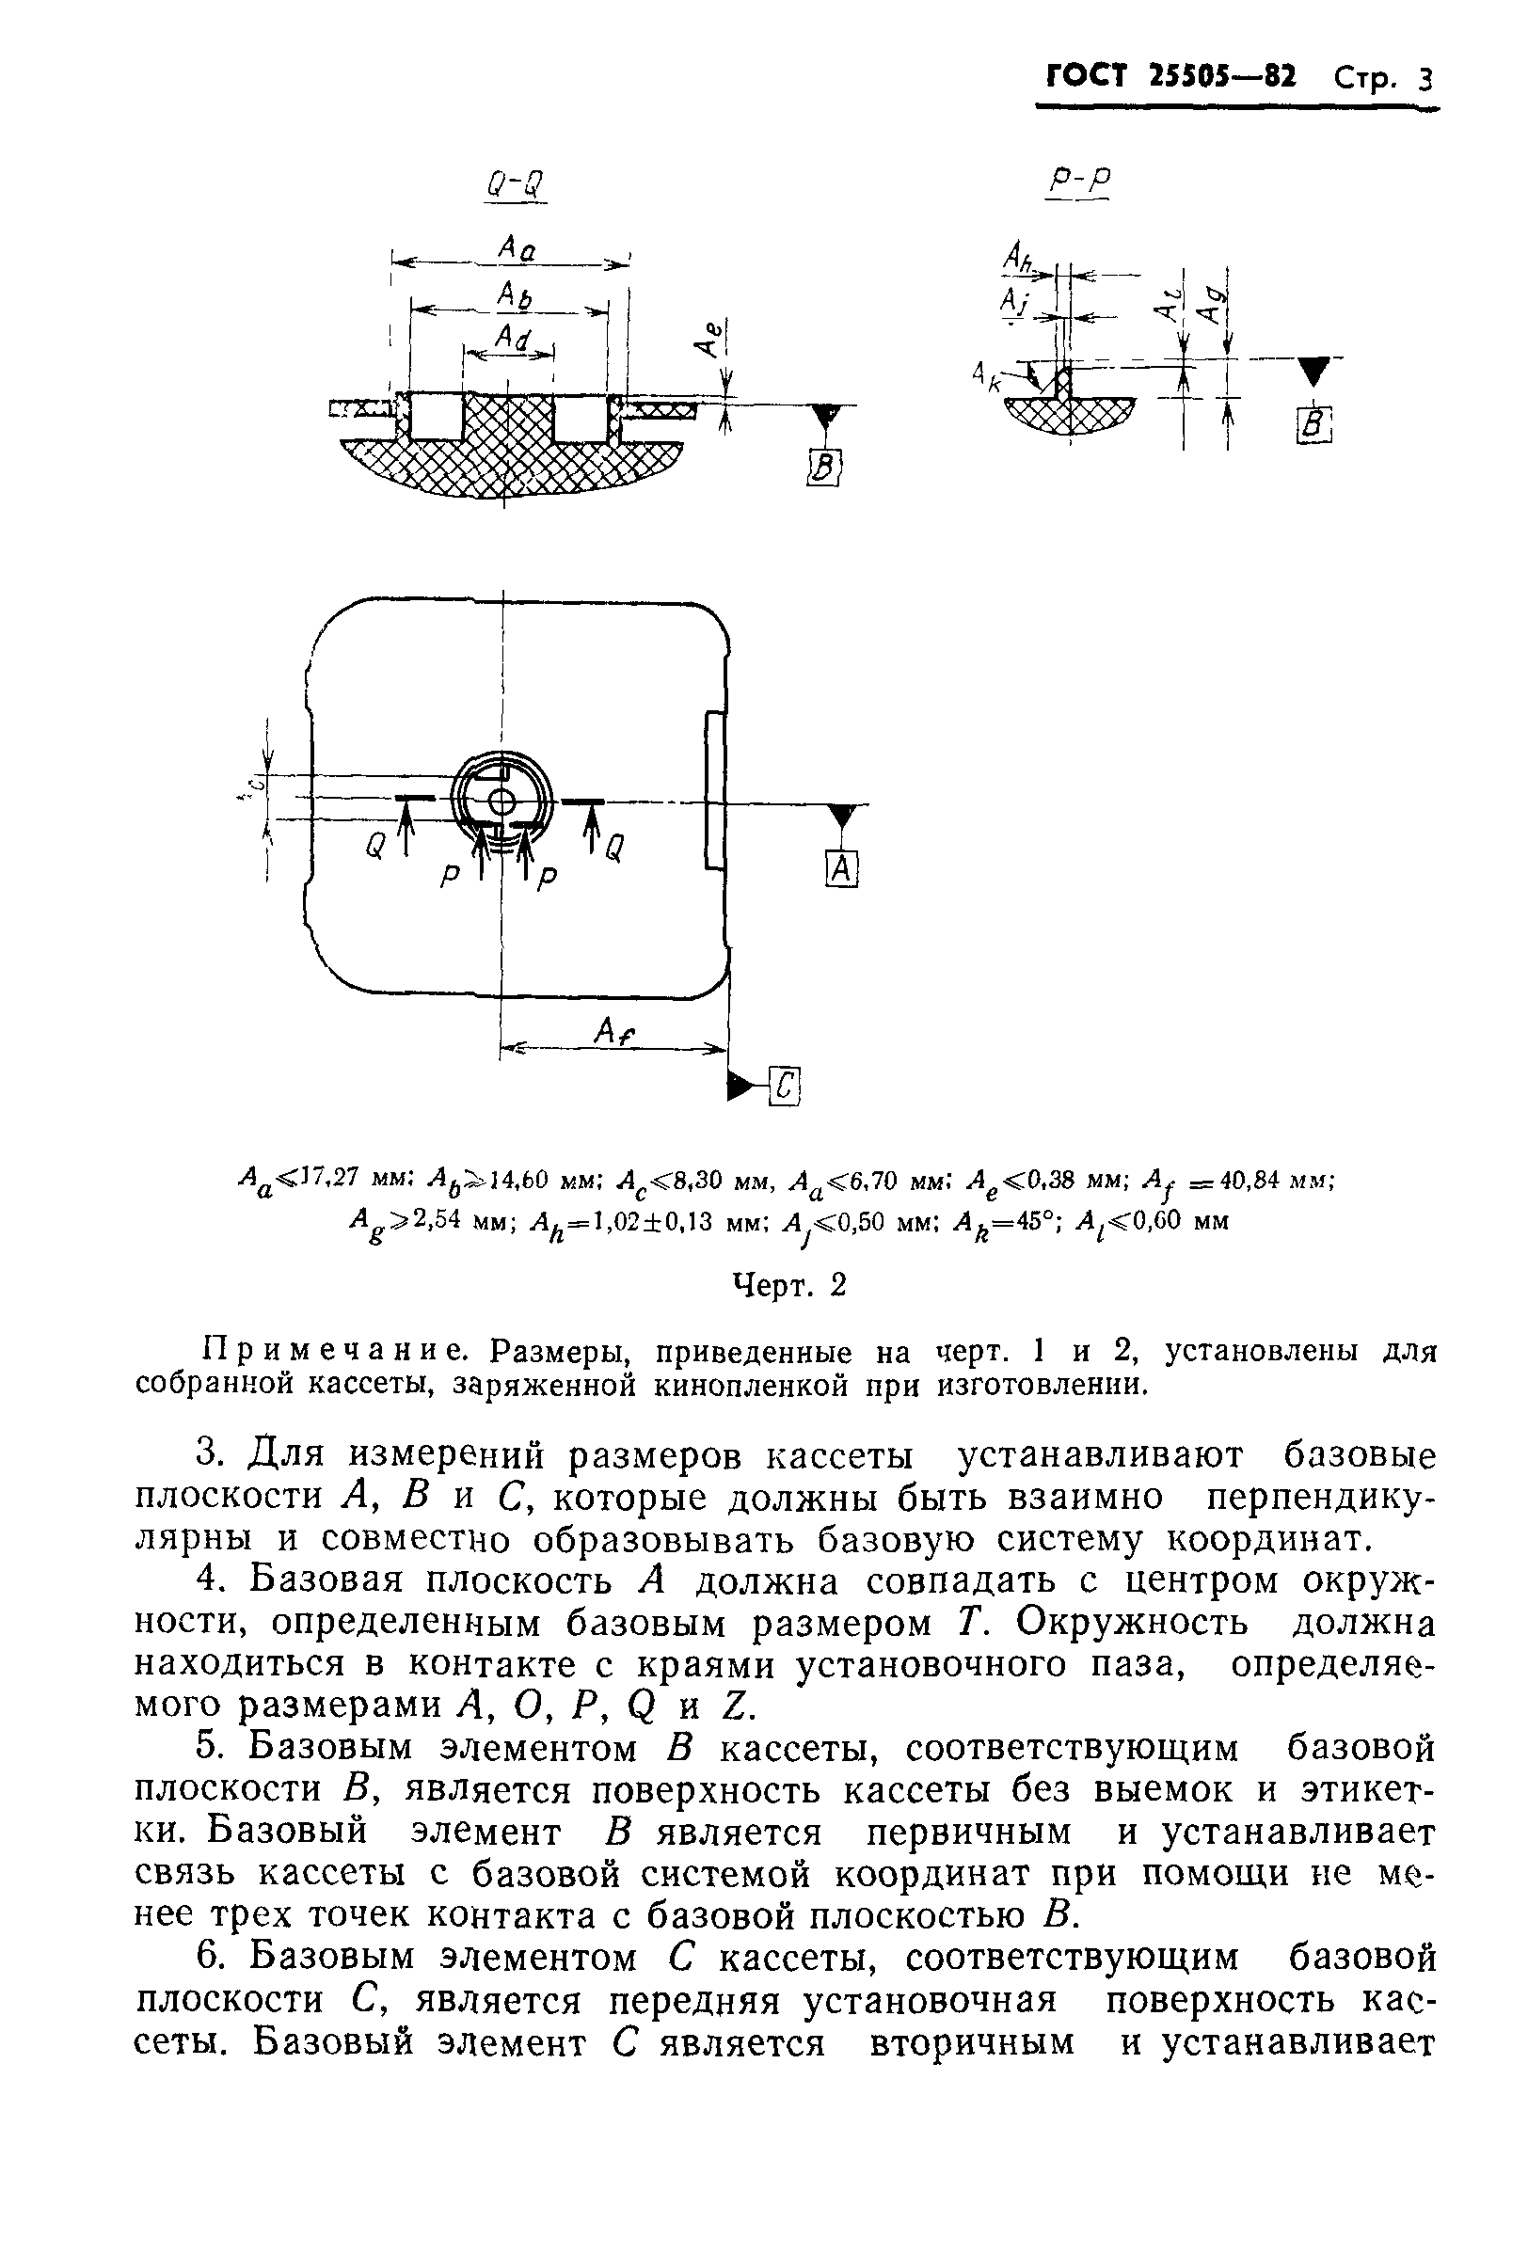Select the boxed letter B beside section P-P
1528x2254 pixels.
(1314, 426)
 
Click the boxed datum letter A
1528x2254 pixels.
(841, 870)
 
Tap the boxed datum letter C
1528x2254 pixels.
(786, 1087)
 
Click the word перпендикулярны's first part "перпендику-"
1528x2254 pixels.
(1320, 1497)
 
